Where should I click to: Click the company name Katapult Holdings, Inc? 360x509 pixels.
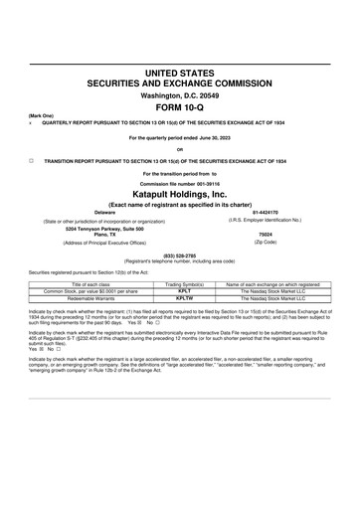coord(179,194)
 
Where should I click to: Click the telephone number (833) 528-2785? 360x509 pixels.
coord(179,253)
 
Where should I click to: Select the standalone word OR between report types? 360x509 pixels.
coord(179,149)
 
